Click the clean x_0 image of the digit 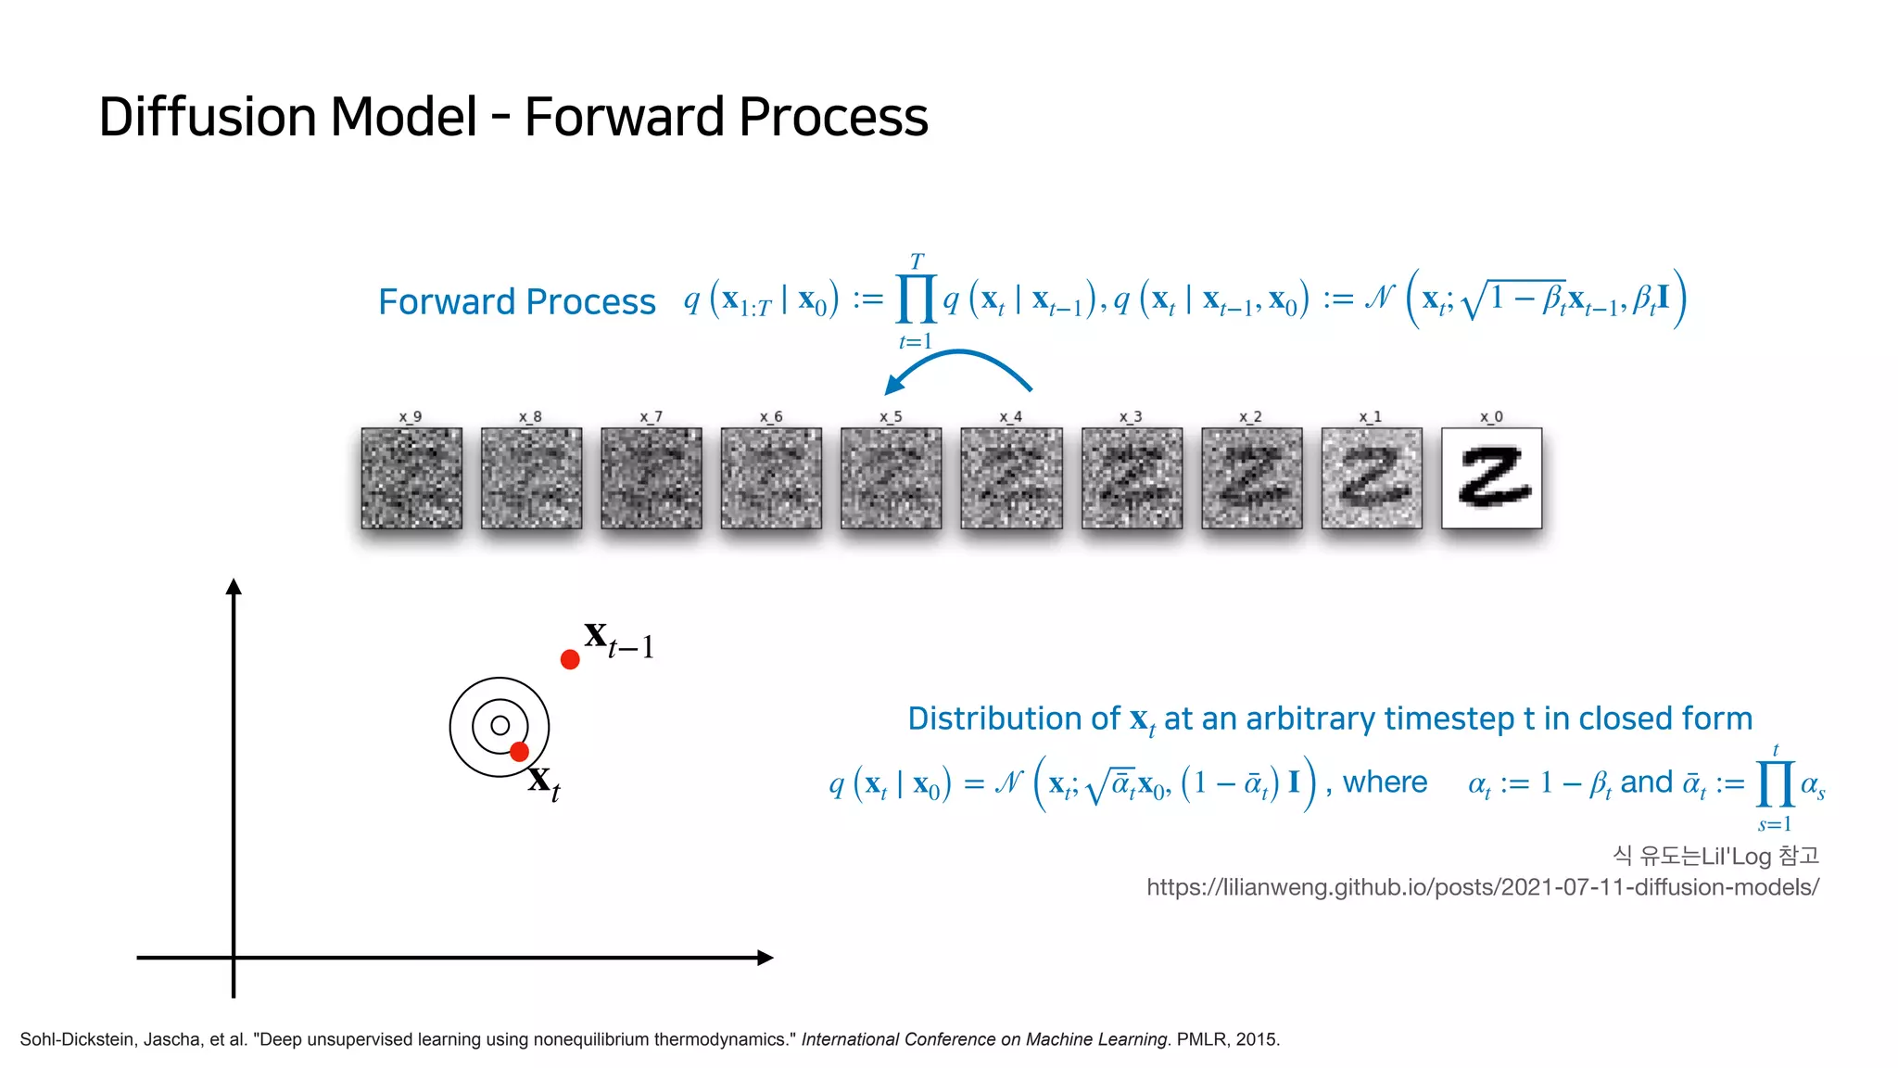point(1491,478)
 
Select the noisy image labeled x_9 point(411,478)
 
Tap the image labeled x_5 point(891,478)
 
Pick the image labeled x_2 point(1251,478)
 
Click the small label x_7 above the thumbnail point(651,417)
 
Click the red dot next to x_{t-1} point(570,659)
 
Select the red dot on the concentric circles point(519,751)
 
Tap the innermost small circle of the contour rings point(500,726)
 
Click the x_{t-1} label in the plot point(619,640)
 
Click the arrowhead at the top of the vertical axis point(234,587)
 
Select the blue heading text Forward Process point(516,302)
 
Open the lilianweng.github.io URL point(1482,887)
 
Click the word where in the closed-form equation point(1385,782)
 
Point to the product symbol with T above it point(917,299)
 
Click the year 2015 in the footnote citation point(1258,1039)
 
